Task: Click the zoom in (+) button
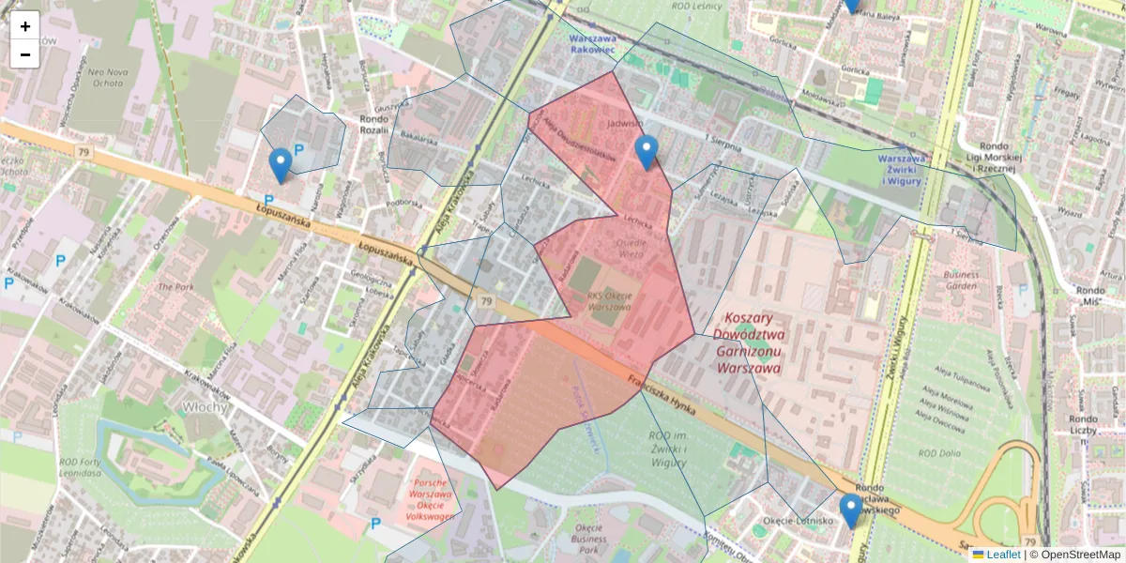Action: tap(25, 26)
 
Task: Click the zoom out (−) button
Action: tap(25, 54)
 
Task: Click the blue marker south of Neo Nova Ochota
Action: tap(280, 165)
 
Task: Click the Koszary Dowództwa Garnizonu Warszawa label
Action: tap(748, 343)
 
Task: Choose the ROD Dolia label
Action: tap(940, 453)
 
